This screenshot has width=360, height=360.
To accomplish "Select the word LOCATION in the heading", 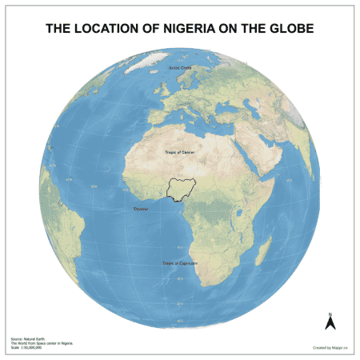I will click(110, 29).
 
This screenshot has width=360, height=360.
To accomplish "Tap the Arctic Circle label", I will click(180, 68).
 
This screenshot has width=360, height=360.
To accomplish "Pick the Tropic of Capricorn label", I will click(179, 263).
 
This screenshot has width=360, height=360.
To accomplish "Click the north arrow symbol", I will click(328, 323).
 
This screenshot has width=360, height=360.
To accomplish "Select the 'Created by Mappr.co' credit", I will click(329, 347).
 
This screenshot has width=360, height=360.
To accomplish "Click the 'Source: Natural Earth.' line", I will click(27, 339).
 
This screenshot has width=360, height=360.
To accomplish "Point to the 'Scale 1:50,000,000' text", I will click(26, 348).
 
